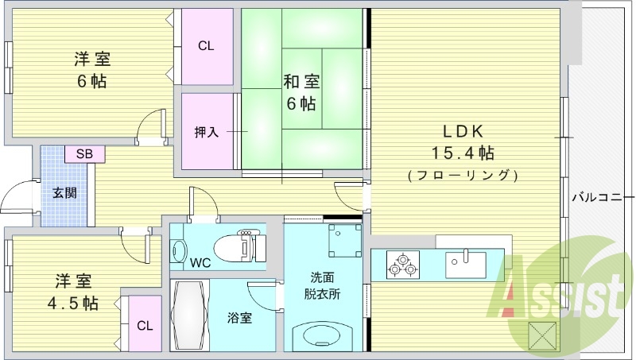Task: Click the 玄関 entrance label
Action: pos(65,192)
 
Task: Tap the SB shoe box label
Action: pos(83,154)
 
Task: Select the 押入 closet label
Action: pos(207,132)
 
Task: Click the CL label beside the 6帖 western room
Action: pos(206,45)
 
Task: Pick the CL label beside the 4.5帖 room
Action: pos(144,325)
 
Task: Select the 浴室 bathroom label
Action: pos(239,319)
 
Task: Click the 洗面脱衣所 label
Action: pos(323,285)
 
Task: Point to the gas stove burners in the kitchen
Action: pos(401,265)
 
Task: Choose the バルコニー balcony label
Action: pos(602,197)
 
